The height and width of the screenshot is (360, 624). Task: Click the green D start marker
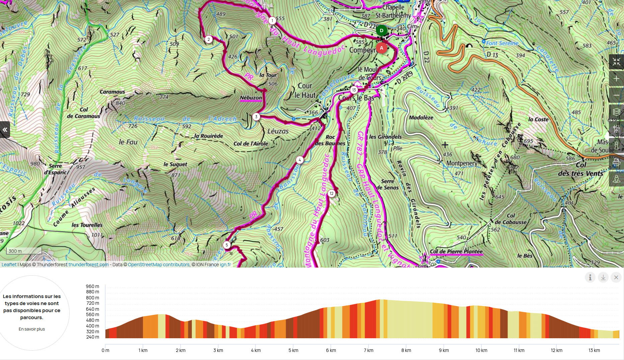tap(381, 30)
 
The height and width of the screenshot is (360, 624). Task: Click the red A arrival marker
tap(381, 48)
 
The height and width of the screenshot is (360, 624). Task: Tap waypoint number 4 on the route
tap(300, 160)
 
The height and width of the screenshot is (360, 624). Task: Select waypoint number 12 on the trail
tap(331, 193)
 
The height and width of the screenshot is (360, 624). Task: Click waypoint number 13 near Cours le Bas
tap(354, 90)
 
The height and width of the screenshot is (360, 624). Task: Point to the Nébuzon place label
tap(251, 98)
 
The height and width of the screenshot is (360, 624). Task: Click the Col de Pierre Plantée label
tap(456, 251)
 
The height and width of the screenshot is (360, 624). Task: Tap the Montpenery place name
tap(462, 163)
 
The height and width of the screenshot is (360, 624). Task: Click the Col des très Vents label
tap(581, 169)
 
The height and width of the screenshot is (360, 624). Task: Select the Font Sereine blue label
tap(502, 43)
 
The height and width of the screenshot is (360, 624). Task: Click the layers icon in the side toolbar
tap(616, 112)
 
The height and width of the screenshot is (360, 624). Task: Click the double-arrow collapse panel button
tap(5, 130)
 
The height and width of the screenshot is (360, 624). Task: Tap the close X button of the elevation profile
tap(616, 277)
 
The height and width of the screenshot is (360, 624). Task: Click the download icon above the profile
tap(603, 277)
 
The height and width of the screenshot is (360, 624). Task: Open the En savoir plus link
tap(32, 329)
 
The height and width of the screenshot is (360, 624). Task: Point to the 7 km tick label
tap(368, 350)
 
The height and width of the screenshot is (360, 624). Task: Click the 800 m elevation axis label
tap(92, 298)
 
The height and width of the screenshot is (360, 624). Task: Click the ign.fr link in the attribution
tap(225, 265)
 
